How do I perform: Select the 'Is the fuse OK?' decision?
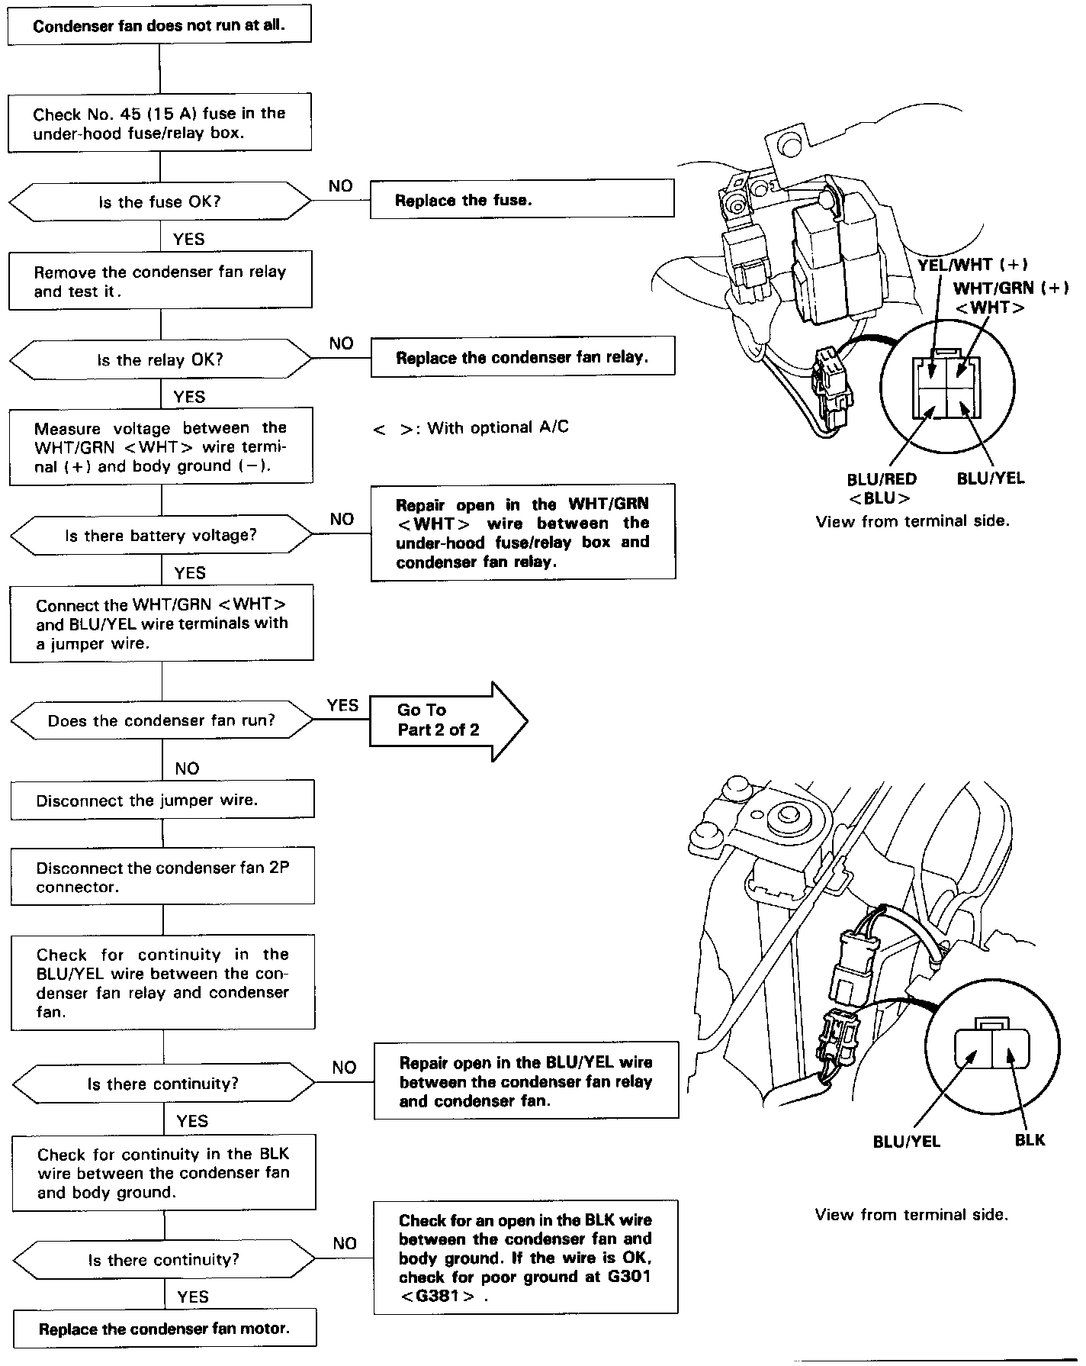click(159, 202)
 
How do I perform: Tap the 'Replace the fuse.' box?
click(522, 200)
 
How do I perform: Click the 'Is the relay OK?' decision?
click(160, 360)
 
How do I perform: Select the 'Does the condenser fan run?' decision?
click(162, 721)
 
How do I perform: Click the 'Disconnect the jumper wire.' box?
click(162, 801)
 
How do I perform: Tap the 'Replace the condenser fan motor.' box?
click(164, 1329)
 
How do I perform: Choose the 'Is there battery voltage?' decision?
click(161, 536)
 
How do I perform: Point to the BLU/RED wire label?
click(881, 480)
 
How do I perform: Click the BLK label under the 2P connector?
click(1030, 1140)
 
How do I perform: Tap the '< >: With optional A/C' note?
click(471, 428)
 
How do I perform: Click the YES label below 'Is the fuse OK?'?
click(188, 239)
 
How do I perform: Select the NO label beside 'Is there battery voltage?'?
click(342, 519)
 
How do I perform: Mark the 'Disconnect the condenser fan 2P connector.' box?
click(162, 878)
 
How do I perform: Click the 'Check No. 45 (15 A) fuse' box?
click(159, 123)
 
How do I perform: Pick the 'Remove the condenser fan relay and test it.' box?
click(160, 282)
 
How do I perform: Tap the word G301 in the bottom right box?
click(629, 1277)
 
